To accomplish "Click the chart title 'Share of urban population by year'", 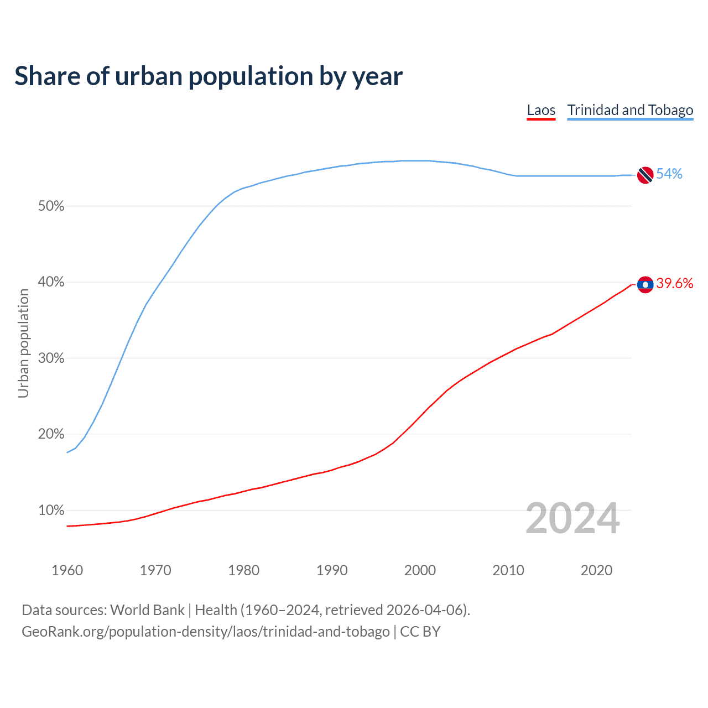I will pyautogui.click(x=209, y=76).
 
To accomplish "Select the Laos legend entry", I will pyautogui.click(x=541, y=110).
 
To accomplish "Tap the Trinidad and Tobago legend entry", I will pyautogui.click(x=630, y=110).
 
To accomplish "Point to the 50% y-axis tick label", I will pyautogui.click(x=51, y=206).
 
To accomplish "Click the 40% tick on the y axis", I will pyautogui.click(x=51, y=282).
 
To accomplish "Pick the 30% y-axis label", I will pyautogui.click(x=51, y=358).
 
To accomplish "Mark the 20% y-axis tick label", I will pyautogui.click(x=51, y=434).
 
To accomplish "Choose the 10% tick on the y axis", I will pyautogui.click(x=51, y=511).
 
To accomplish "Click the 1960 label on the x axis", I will pyautogui.click(x=67, y=570).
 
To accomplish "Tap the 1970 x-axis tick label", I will pyautogui.click(x=155, y=570).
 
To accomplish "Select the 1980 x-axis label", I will pyautogui.click(x=243, y=570).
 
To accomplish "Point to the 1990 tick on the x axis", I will pyautogui.click(x=332, y=570).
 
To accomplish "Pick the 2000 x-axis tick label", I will pyautogui.click(x=420, y=570).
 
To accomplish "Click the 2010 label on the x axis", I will pyautogui.click(x=508, y=570).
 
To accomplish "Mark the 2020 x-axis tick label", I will pyautogui.click(x=596, y=570).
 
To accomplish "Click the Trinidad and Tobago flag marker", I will pyautogui.click(x=645, y=175).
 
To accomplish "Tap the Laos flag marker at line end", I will pyautogui.click(x=645, y=284).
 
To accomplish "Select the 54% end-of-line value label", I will pyautogui.click(x=669, y=174).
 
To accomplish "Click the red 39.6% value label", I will pyautogui.click(x=674, y=284).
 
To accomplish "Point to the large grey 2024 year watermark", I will pyautogui.click(x=572, y=518).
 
